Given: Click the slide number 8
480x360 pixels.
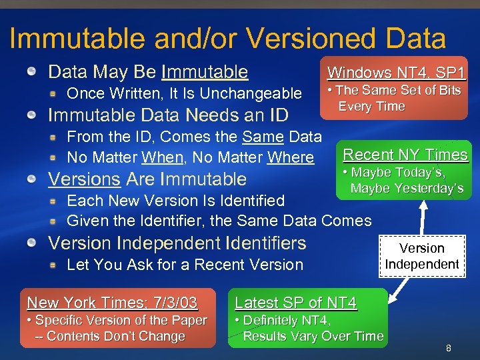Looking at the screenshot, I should pos(449,348).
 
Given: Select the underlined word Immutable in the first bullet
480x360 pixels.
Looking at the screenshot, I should pos(205,72).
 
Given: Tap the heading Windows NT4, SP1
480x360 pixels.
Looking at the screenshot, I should pos(397,73).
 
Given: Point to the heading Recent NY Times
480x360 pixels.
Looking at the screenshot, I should pos(405,155).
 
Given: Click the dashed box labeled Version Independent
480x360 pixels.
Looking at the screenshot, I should pos(421,256).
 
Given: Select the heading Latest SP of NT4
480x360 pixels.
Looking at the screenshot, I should pos(295,303).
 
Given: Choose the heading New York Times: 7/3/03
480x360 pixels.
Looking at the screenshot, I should pos(112,303).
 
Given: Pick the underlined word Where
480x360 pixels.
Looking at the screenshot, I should pos(290,158).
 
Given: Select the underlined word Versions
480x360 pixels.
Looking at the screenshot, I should pos(85,179).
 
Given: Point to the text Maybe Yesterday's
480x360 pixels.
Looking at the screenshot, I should pos(407,189).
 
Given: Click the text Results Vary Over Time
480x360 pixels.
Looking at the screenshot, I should pos(313,336).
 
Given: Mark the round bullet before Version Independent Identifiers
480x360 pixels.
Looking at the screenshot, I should pos(32,243).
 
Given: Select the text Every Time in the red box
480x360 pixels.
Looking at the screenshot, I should pos(371,107).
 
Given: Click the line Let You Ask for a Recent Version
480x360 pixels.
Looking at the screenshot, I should pos(185,265).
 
